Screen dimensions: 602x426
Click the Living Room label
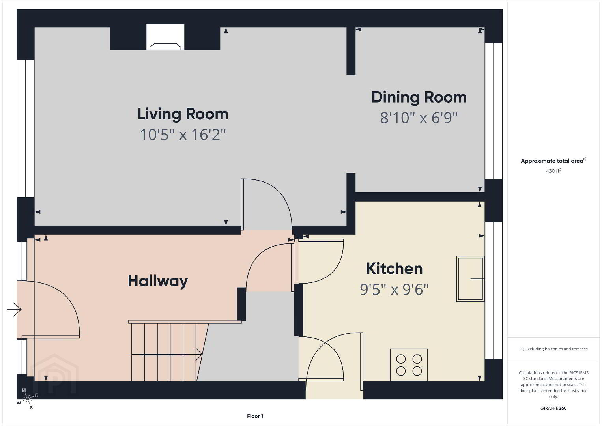183,114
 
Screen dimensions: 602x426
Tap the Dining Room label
419,97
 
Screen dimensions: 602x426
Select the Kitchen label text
394,269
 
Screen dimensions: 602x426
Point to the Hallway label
158,281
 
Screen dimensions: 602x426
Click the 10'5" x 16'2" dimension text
183,135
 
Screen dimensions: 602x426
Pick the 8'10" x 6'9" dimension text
419,118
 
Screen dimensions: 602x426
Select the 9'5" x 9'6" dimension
394,290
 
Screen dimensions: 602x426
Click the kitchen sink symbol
470,279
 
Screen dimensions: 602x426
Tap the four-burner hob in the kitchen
409,365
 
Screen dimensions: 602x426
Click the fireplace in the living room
165,37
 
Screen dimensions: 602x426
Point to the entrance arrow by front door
15,310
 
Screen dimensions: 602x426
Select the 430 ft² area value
553,171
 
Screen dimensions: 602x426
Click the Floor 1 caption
255,416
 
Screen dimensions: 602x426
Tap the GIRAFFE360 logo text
553,408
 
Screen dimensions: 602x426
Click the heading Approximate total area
553,161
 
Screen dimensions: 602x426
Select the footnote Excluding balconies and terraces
553,349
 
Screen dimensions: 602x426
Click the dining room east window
494,111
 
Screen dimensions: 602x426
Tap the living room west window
26,129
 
